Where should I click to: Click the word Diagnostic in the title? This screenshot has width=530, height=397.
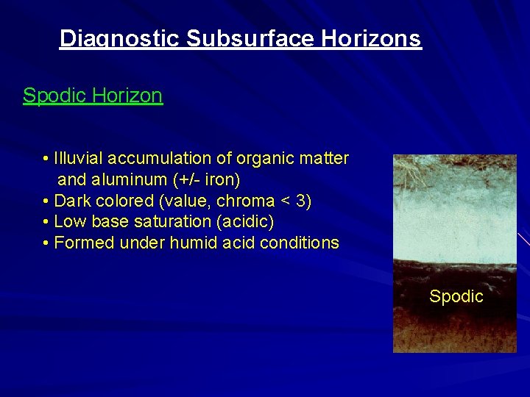click(119, 38)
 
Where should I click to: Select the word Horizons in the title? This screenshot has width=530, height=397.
click(373, 38)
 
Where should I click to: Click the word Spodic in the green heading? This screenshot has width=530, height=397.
click(50, 96)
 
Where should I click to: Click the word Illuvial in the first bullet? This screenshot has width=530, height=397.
click(79, 159)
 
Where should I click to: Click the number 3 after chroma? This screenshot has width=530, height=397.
click(305, 201)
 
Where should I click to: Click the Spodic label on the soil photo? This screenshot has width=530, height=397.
click(456, 297)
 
